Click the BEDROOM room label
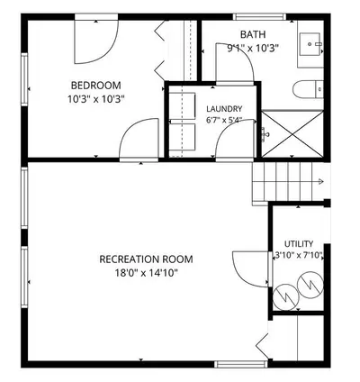pos(96,86)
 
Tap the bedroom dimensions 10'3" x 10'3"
pos(96,99)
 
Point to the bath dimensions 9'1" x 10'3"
pos(253,48)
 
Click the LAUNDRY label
pos(224,109)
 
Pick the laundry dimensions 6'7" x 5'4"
pos(224,120)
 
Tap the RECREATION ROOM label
pos(146,259)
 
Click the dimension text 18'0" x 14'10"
pos(146,273)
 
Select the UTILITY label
pos(299,243)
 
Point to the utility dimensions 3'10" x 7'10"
pos(299,256)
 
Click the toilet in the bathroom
pos(308,89)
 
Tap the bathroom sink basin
pos(310,44)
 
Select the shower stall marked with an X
pos(292,133)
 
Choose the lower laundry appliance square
pos(182,137)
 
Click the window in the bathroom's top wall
pos(259,16)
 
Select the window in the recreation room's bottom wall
pos(241,364)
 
